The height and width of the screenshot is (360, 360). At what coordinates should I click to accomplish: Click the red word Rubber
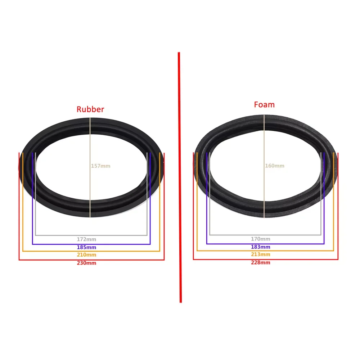point(90,109)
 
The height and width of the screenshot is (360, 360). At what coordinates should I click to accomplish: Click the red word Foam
point(264,105)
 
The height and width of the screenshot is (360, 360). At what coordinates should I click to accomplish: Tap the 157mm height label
point(101,166)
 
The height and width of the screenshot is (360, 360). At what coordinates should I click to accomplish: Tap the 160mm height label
point(275,166)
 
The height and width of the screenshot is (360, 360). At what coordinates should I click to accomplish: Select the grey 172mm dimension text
point(86,239)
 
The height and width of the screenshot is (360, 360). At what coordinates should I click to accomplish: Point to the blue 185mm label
point(86,247)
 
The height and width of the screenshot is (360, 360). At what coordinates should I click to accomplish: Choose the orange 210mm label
point(86,255)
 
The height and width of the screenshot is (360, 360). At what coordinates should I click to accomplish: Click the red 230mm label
point(86,263)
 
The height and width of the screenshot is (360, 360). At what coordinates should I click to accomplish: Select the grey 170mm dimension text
point(261,239)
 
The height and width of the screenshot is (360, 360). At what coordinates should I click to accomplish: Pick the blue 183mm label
point(261,247)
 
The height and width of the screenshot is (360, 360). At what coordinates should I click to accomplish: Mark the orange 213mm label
point(261,255)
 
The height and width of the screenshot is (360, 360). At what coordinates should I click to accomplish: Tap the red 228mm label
point(261,262)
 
